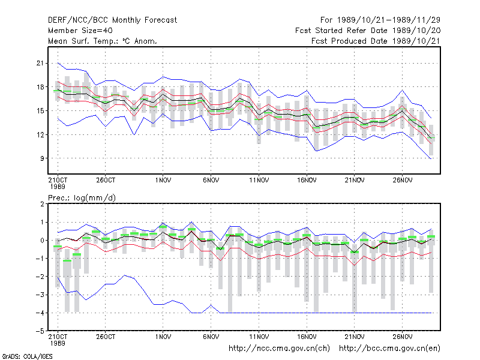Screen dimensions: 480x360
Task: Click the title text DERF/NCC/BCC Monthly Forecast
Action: point(112,20)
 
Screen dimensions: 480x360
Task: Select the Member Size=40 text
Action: point(80,31)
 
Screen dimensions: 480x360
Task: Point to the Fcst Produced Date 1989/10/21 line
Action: point(376,41)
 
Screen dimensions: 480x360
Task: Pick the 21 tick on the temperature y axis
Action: point(40,64)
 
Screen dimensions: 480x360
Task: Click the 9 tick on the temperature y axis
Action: point(42,158)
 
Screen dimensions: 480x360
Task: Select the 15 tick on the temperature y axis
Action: point(40,111)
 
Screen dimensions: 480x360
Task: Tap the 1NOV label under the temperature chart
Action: point(163,181)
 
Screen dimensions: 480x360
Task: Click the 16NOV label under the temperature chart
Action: point(307,181)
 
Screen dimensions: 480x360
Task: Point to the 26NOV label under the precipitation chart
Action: point(402,337)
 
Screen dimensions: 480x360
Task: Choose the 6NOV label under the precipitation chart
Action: point(211,337)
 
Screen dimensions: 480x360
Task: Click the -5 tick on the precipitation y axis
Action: point(40,331)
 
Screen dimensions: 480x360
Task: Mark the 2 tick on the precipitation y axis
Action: point(42,204)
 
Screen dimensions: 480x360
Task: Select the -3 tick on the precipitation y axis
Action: point(40,295)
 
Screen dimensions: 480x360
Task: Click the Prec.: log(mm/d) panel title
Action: point(82,198)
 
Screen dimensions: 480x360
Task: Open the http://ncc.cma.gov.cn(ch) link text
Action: point(279,349)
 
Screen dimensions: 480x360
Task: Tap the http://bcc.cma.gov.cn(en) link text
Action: point(389,349)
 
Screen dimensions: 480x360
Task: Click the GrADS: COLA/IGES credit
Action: point(27,356)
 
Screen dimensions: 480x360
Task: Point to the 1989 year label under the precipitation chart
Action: point(58,343)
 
